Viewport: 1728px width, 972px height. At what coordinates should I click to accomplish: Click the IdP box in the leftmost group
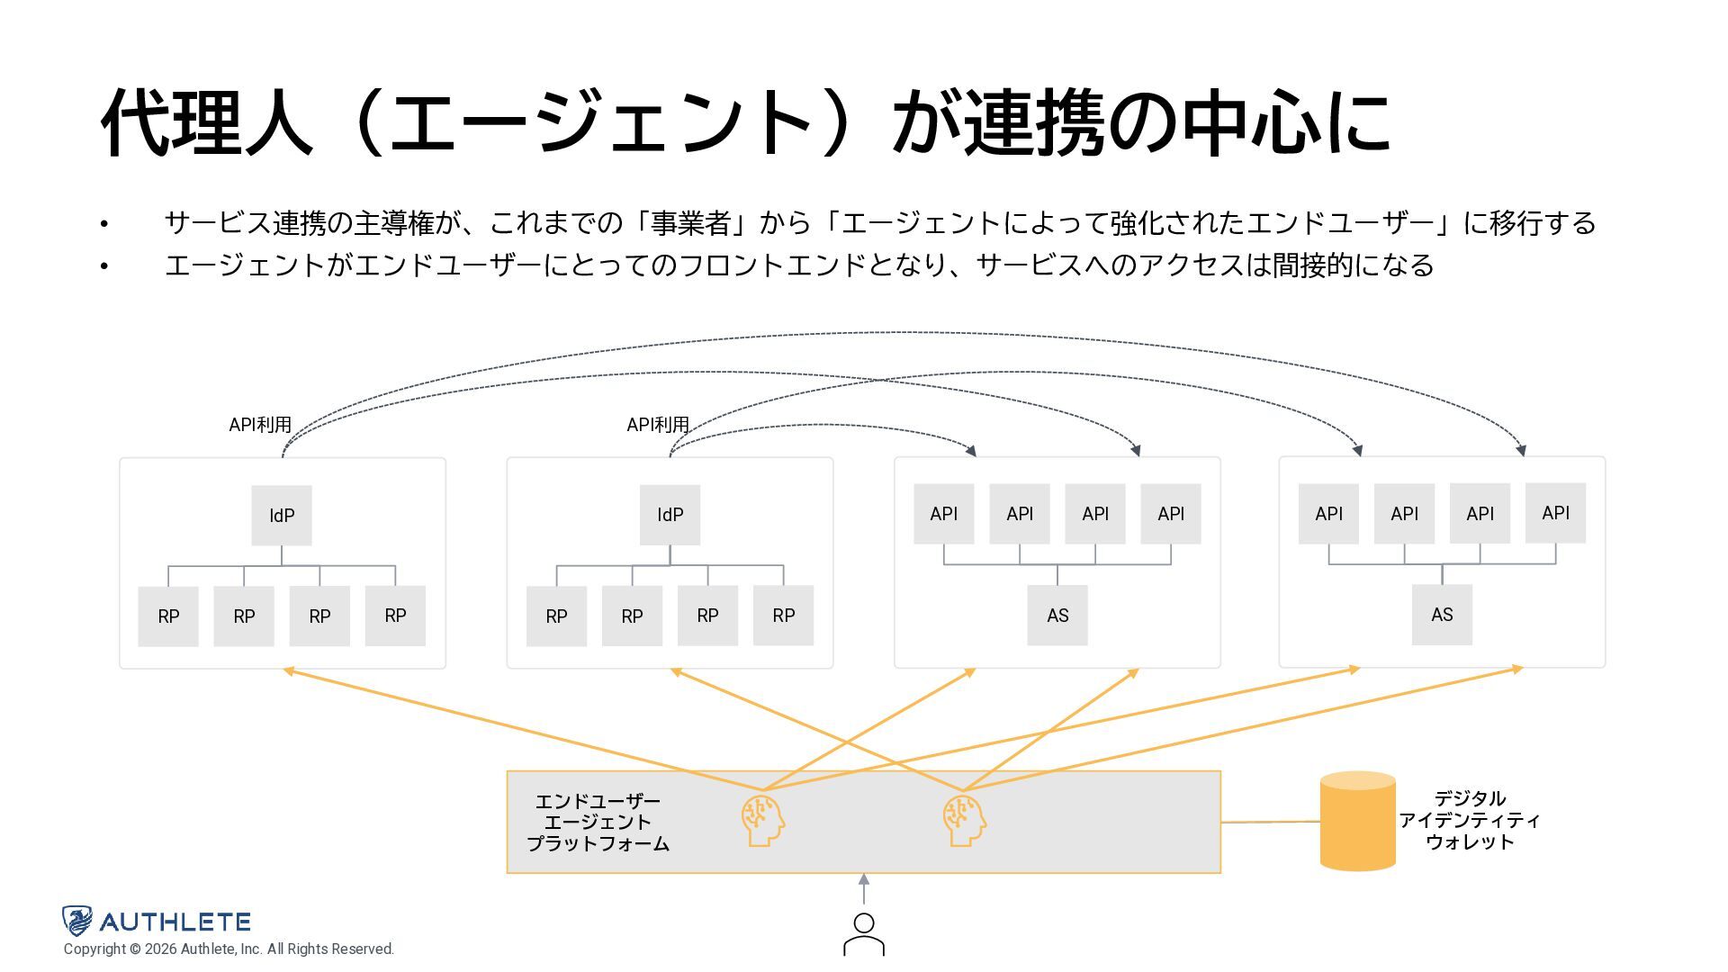coord(282,516)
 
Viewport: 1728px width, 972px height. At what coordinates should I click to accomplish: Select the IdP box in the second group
coord(670,515)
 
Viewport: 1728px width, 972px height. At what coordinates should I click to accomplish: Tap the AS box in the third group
coord(1057,616)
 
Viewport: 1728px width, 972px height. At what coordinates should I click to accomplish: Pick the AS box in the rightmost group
coord(1442,615)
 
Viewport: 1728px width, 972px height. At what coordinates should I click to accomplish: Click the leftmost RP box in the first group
coord(168,616)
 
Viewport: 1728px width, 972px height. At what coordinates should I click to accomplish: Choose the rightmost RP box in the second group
coord(783,616)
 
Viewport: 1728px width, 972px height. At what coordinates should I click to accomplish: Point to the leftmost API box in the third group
coord(943,514)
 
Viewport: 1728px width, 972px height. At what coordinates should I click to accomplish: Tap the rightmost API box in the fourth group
coord(1555,513)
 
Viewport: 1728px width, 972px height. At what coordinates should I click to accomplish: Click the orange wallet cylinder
coord(1357,821)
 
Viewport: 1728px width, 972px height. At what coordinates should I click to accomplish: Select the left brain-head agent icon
coord(762,820)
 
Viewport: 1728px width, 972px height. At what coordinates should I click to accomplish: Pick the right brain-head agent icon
coord(964,820)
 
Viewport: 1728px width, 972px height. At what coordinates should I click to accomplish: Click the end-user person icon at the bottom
coord(864,934)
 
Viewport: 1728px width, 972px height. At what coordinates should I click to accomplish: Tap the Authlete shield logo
coord(77,921)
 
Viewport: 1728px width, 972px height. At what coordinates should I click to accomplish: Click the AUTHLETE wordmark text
coord(175,922)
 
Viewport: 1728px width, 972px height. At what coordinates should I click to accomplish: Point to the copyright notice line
coord(229,949)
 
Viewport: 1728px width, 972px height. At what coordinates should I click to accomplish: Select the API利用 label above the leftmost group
coord(260,425)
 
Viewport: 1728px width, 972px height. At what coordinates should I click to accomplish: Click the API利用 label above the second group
coord(658,425)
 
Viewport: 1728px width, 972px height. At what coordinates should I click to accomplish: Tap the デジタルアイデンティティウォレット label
coord(1470,820)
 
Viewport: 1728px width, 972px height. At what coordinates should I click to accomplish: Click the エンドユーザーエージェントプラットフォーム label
coord(598,822)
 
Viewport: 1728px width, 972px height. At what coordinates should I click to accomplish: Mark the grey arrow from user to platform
coord(864,889)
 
